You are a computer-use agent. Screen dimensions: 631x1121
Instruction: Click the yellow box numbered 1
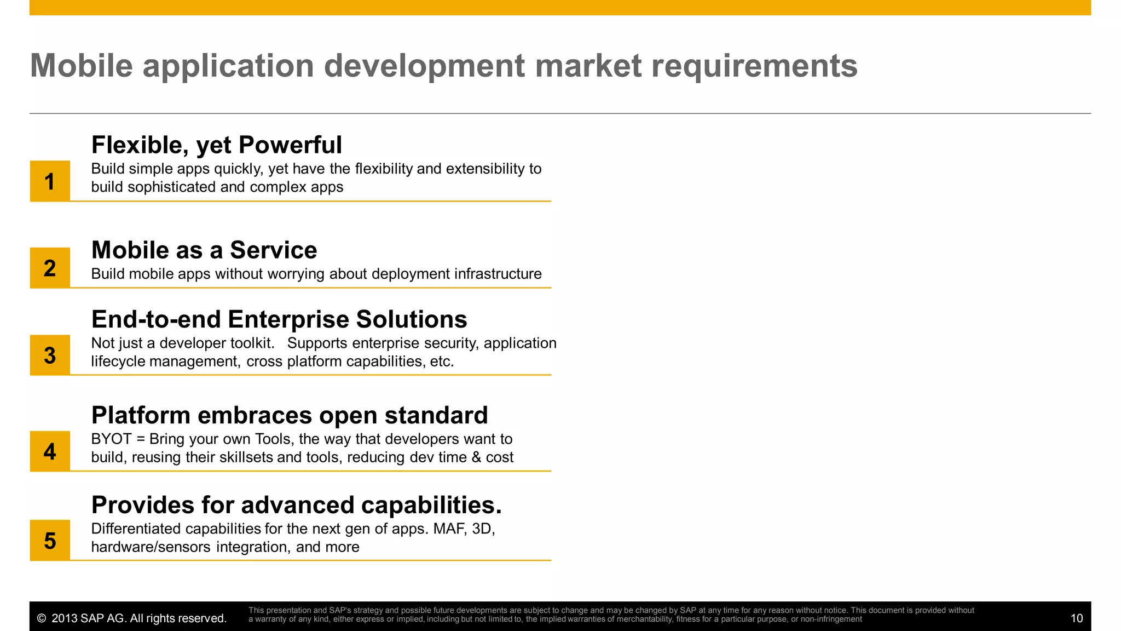tap(50, 181)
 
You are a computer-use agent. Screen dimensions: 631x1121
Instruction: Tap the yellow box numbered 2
tap(50, 268)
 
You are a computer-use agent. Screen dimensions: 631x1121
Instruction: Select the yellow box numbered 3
tap(50, 355)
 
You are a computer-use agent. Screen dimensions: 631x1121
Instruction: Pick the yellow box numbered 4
tap(50, 451)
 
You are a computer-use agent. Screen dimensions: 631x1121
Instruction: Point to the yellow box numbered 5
tap(50, 541)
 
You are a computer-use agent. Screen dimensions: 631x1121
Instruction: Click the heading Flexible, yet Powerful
tap(216, 145)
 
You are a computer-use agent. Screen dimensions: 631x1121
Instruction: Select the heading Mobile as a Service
tap(204, 250)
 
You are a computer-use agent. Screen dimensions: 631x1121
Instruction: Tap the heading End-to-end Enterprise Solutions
tap(279, 319)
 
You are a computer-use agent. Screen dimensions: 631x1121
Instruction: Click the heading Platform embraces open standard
tap(290, 415)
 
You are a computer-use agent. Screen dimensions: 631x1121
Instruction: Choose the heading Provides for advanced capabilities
tap(296, 505)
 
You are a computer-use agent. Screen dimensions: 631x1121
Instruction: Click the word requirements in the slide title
tap(754, 66)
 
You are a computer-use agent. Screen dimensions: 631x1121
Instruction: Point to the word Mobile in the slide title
tap(82, 66)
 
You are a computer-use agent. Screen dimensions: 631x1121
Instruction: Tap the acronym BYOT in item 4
tap(112, 439)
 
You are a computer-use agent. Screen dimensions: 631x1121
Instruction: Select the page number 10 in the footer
tap(1076, 618)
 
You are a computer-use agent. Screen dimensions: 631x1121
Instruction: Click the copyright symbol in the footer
tap(42, 618)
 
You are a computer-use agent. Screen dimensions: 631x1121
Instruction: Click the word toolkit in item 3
tap(251, 343)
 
